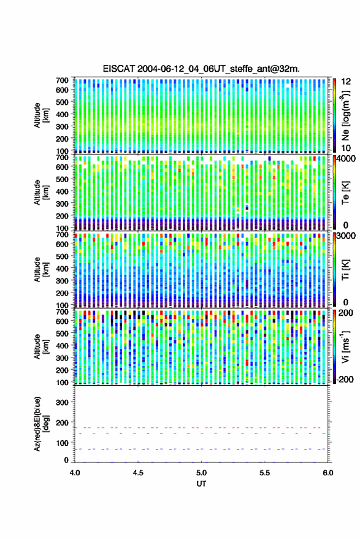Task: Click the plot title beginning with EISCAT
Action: tap(201, 69)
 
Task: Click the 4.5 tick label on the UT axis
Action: tap(138, 473)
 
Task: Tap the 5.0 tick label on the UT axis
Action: tap(201, 473)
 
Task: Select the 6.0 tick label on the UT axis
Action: tap(327, 473)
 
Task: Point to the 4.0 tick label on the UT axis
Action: tap(75, 473)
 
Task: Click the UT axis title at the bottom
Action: tap(201, 484)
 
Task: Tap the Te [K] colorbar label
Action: tap(345, 193)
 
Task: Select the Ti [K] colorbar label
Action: tap(345, 270)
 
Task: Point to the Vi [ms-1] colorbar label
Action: tap(345, 346)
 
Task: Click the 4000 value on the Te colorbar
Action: tap(346, 159)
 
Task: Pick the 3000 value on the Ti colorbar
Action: tap(346, 236)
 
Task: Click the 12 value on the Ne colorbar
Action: tap(346, 82)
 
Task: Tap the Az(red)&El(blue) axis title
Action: tap(41, 424)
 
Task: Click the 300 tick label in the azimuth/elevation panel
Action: tap(62, 402)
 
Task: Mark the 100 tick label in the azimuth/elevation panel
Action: tap(62, 443)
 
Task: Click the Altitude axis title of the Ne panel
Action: tap(41, 115)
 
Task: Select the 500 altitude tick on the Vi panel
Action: tap(62, 333)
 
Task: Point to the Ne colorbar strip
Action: tap(334, 115)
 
